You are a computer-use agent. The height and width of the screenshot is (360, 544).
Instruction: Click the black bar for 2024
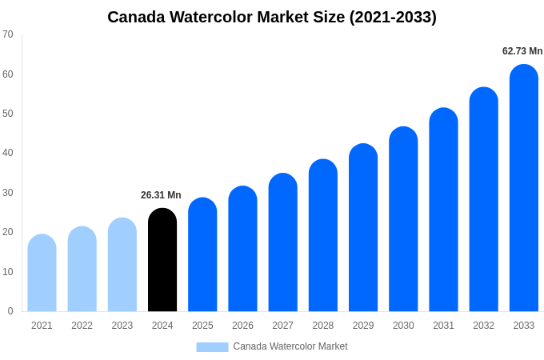[162, 260]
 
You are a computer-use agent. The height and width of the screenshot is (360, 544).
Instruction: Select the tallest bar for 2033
[524, 188]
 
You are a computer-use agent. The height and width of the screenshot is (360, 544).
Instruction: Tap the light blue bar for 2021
[42, 273]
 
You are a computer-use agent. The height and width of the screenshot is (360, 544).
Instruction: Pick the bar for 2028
[323, 235]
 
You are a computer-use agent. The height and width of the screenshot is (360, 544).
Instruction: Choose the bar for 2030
[403, 219]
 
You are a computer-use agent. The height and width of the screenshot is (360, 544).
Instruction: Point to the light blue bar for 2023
[122, 265]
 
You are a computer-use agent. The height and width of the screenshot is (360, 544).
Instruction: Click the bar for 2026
[242, 249]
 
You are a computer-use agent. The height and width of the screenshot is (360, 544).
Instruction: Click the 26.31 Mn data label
[161, 195]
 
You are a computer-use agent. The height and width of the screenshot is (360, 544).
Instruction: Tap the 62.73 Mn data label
[522, 51]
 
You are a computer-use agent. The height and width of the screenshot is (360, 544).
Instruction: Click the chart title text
[272, 17]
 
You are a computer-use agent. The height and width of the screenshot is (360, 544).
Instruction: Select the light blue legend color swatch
[212, 346]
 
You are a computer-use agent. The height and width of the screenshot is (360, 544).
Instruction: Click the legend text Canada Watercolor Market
[290, 346]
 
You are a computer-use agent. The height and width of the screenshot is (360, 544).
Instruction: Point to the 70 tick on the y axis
[8, 34]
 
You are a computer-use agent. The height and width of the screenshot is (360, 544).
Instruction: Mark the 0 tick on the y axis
[10, 311]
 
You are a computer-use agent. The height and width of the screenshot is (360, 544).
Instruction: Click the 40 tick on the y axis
[8, 153]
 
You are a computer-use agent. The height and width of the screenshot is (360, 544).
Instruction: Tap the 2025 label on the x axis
[202, 326]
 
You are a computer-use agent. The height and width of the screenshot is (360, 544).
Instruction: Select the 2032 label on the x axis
[483, 326]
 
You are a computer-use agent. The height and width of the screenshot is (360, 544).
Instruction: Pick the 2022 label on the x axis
[82, 326]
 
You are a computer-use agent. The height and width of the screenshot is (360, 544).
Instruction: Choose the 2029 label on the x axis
[363, 326]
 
